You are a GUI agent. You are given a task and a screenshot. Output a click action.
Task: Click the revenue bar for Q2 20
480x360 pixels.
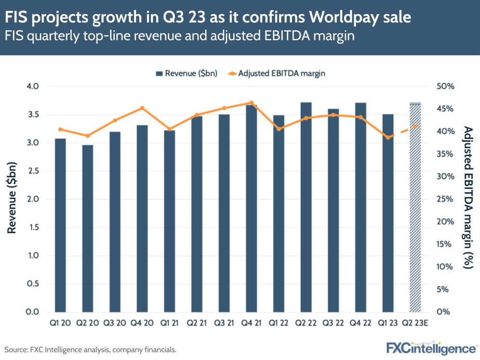(87, 228)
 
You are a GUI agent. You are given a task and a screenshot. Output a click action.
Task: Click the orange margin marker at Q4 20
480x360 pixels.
(142, 108)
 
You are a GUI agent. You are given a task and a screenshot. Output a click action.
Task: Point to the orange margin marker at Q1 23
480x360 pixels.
(388, 137)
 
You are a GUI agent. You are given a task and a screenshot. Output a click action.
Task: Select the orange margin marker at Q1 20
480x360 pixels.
(60, 129)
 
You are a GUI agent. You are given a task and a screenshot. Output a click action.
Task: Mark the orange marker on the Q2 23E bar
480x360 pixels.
(415, 126)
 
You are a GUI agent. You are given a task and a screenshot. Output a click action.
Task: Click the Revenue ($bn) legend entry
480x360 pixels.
(186, 74)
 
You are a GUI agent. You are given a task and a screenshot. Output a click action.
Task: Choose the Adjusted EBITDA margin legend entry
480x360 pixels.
(275, 74)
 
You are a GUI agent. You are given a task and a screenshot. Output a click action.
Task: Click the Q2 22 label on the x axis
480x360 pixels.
(306, 323)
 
